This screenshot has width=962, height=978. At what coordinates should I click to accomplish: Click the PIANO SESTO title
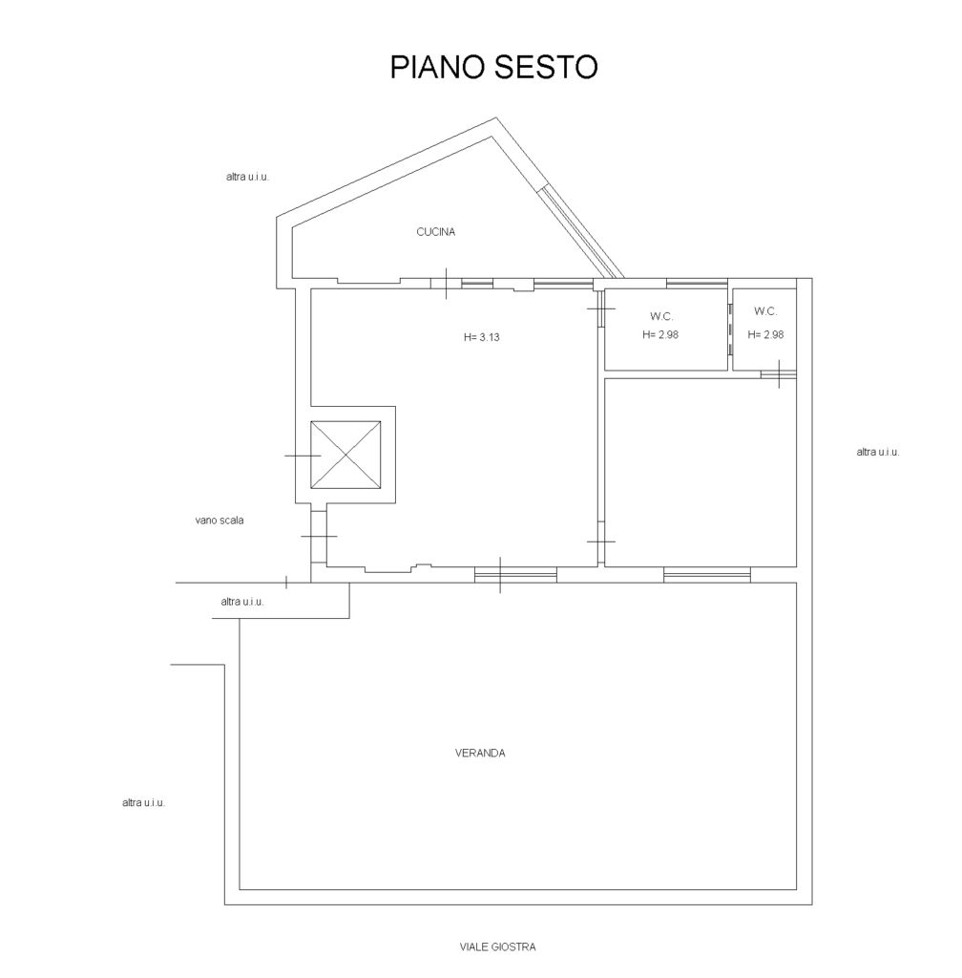click(493, 67)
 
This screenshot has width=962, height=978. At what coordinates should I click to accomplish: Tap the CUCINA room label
click(435, 232)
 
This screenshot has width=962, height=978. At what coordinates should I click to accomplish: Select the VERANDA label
click(480, 753)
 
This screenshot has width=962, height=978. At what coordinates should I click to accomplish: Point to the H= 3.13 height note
click(482, 337)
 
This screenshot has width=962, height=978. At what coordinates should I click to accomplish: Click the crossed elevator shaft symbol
click(345, 456)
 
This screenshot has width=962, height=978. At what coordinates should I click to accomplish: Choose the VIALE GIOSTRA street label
click(498, 946)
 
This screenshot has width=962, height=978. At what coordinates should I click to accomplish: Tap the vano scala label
click(220, 521)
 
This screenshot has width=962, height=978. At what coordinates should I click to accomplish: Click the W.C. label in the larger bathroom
click(661, 317)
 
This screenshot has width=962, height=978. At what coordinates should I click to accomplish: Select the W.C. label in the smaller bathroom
click(765, 311)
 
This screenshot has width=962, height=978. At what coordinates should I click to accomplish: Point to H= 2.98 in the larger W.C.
click(660, 335)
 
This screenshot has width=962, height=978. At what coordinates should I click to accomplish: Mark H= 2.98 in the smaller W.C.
click(765, 335)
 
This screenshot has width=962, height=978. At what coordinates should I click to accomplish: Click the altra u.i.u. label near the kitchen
click(247, 177)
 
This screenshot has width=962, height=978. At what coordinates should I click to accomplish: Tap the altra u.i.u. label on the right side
click(878, 452)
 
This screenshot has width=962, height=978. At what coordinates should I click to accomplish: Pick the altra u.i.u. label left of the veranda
click(143, 803)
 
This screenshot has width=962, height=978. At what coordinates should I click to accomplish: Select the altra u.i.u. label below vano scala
click(242, 602)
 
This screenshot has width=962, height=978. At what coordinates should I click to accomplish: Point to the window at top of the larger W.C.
click(697, 284)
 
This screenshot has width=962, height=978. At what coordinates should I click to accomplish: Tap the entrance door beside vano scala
click(319, 536)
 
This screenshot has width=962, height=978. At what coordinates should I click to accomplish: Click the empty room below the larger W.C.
click(701, 472)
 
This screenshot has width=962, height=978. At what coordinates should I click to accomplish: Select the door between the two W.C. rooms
click(729, 330)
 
